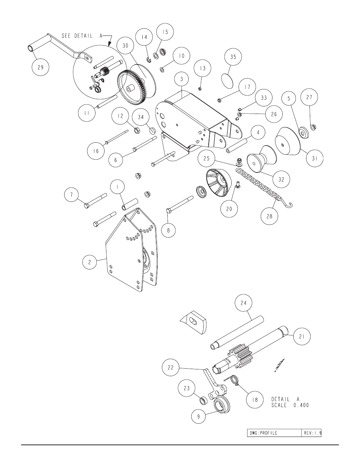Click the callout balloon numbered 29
tap(40, 67)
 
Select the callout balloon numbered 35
tap(233, 57)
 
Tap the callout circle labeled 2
tap(89, 262)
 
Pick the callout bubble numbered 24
tap(243, 303)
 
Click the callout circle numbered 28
tap(269, 216)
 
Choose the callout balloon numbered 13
tap(202, 68)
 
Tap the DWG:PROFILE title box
tap(274, 433)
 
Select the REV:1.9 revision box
tap(311, 433)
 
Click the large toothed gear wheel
tap(132, 88)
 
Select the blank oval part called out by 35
tap(227, 81)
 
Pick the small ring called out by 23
tap(204, 400)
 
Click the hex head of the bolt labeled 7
tap(87, 206)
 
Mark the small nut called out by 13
tap(200, 89)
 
